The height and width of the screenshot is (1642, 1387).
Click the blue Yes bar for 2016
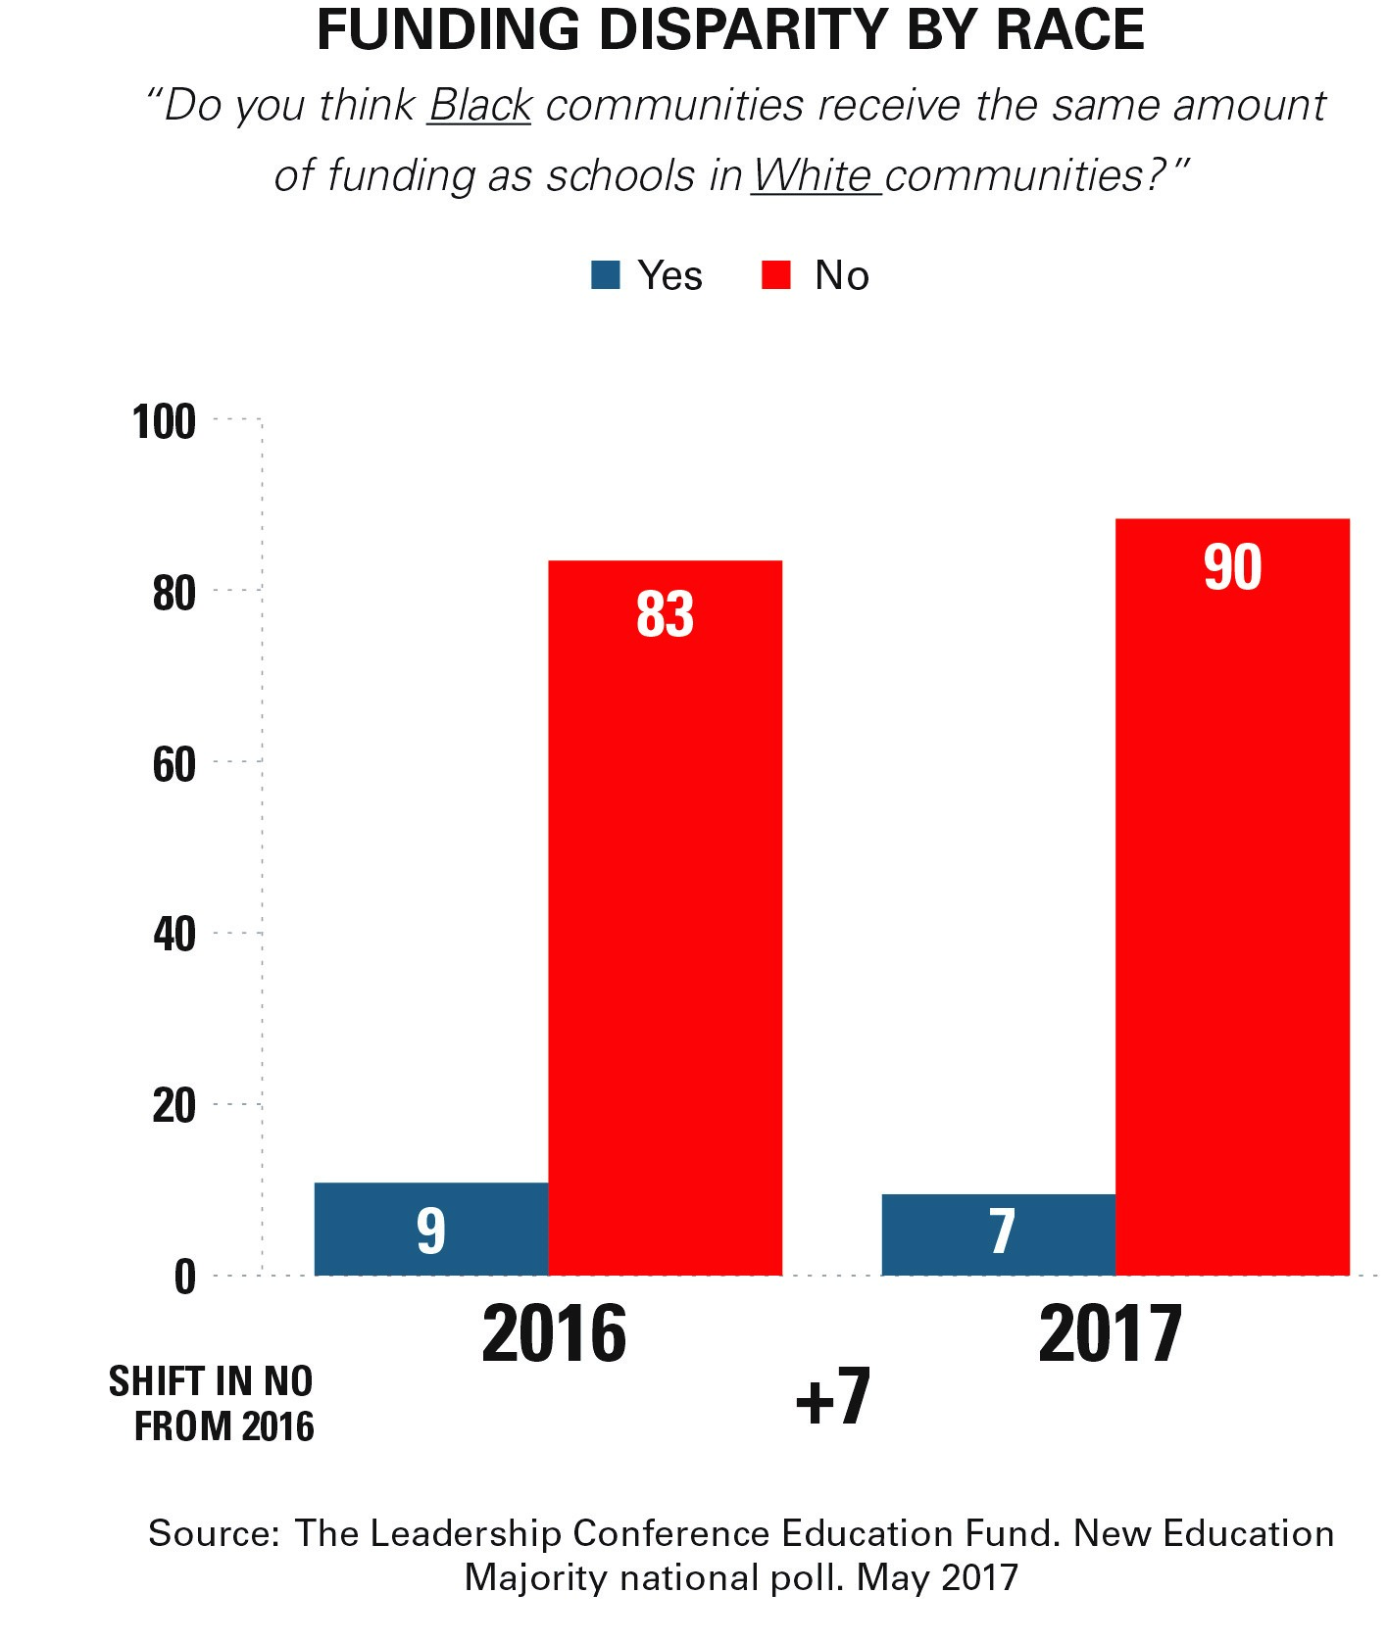430,1229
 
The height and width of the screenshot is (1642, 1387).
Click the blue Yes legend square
606,275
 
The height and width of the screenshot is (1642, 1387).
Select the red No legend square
775,275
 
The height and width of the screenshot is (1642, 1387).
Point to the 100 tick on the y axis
165,422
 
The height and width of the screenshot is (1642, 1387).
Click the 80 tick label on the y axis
174,594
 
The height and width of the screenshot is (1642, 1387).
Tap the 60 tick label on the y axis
174,765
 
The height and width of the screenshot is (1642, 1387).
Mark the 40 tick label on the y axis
174,936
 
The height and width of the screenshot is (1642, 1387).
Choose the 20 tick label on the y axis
174,1107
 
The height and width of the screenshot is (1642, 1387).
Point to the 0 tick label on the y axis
185,1278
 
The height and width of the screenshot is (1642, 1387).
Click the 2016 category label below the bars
554,1334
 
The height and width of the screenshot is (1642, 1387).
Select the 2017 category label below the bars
1111,1334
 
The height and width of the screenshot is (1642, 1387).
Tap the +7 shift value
832,1398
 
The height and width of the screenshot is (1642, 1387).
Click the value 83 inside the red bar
665,615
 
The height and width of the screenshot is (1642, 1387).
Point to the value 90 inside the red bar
1232,568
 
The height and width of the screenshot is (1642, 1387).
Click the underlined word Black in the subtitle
480,106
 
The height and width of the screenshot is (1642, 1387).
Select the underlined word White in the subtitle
813,176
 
